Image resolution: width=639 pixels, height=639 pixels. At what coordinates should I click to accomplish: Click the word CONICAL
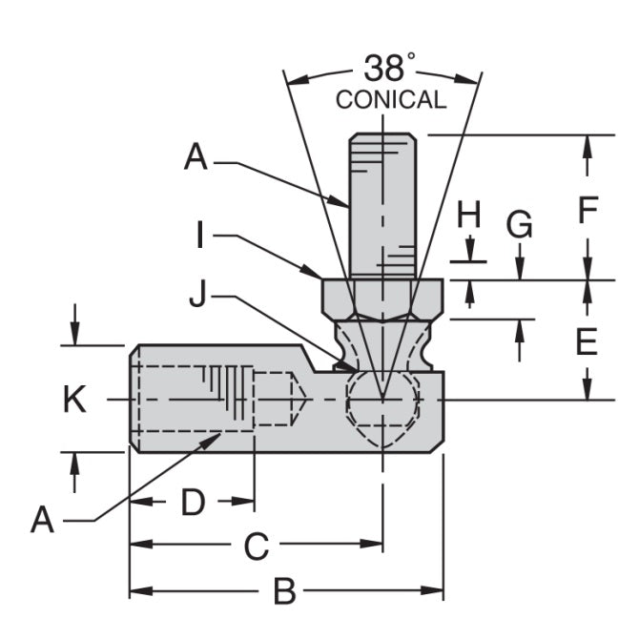390,100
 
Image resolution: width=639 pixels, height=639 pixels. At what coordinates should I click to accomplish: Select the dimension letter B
283,592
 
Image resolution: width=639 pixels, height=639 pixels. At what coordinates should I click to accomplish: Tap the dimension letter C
256,546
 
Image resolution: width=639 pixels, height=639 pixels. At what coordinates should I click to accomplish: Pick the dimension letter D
193,502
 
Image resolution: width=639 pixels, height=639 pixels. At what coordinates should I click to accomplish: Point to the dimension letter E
587,340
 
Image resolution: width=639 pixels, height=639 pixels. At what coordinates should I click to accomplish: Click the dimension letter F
587,209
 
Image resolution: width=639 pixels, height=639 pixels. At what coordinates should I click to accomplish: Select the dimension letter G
520,225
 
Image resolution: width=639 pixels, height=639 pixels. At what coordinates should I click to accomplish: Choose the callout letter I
200,236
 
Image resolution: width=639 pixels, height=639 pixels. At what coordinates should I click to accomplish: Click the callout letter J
197,297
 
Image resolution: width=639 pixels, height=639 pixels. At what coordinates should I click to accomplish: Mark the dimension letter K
74,400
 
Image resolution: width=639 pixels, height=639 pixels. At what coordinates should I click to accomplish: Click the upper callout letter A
196,158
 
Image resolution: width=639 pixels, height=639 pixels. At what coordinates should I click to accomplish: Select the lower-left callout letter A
43,520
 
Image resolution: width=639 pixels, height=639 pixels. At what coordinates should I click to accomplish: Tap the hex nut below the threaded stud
381,299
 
